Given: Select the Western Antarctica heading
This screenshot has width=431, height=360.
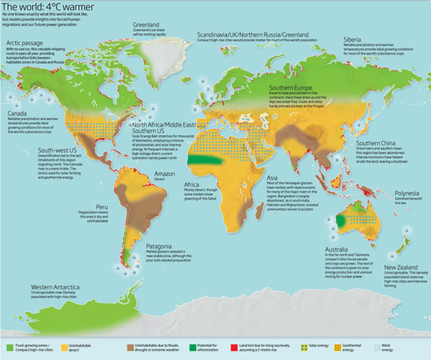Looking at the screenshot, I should [61, 287].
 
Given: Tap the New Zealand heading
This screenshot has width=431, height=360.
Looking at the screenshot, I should [402, 266].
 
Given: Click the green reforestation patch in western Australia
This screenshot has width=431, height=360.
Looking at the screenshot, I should [343, 222].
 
